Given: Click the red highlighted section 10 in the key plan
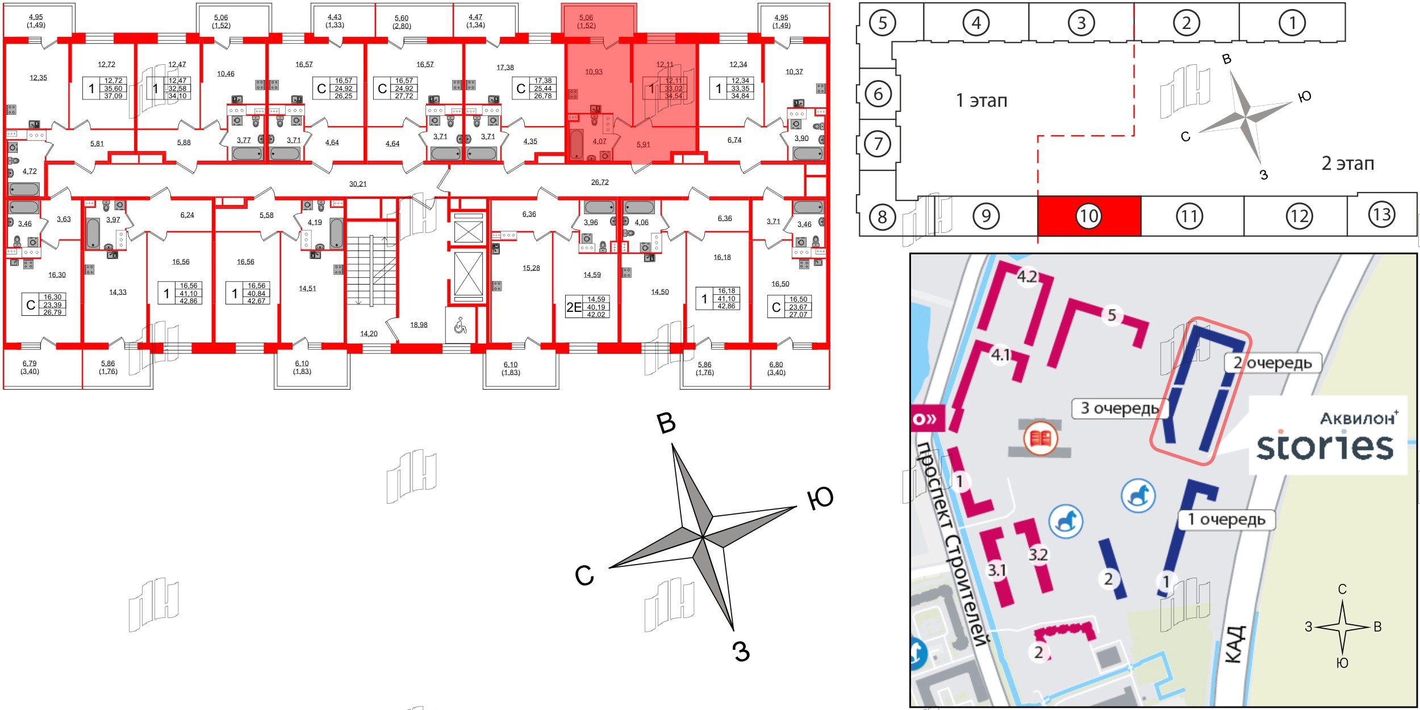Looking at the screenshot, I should point(1088,216).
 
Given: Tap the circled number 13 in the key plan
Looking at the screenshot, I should point(1381,214).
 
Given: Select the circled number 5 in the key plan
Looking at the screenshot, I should point(882,23).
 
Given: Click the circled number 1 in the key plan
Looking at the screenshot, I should point(1292,23).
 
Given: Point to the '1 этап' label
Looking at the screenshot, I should point(982,101).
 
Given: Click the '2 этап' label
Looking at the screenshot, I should point(1347,164).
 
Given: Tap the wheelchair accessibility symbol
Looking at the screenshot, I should point(460,325).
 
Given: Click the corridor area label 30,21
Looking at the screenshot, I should point(358,184).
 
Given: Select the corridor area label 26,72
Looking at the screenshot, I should point(600,182).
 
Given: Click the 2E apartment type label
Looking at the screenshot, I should point(574,307).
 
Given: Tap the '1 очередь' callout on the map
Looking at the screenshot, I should point(1226,519).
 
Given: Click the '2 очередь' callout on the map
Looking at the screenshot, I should point(1272,362).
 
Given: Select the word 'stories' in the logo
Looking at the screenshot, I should point(1325,446).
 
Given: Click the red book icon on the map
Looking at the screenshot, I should point(1040,438).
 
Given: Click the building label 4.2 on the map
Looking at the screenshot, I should point(1027,277).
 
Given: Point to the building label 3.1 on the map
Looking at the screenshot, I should point(996,570).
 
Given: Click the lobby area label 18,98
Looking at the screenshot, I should point(419,325).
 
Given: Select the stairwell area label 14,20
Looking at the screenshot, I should point(369,333).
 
